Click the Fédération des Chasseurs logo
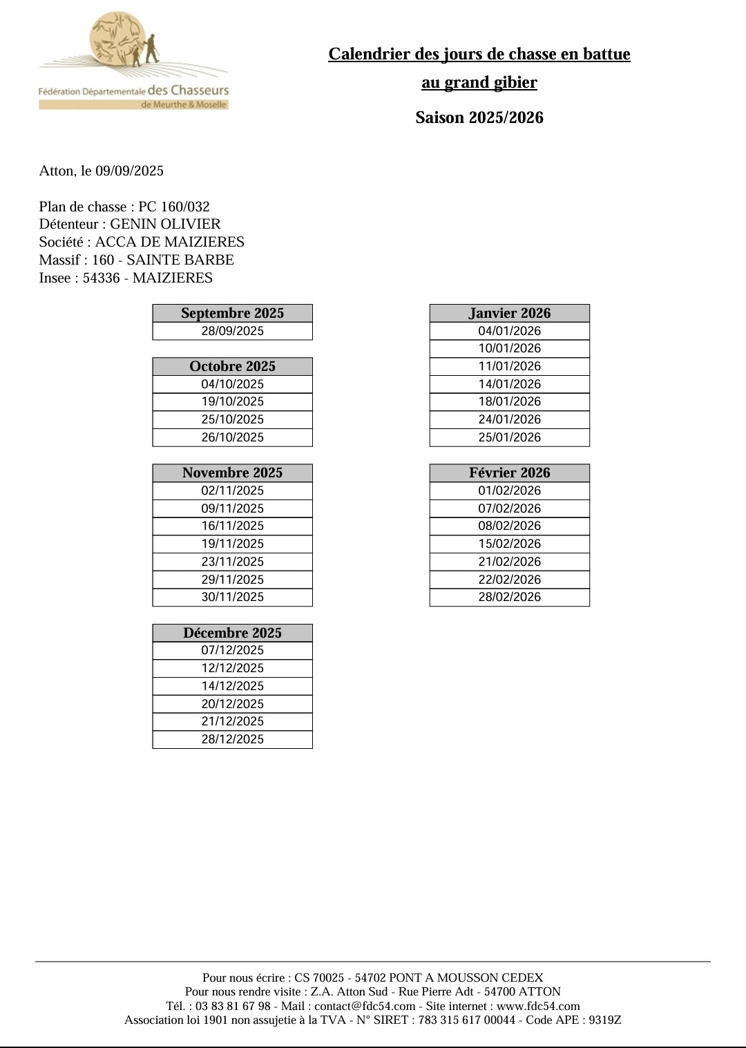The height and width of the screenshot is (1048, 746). [x=133, y=61]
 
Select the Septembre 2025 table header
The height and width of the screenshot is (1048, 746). [x=232, y=313]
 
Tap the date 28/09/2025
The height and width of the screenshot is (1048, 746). [x=232, y=331]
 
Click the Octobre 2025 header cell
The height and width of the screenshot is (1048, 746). [x=232, y=366]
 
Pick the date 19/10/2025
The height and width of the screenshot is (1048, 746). [x=232, y=401]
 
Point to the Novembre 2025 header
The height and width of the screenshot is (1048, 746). [x=232, y=473]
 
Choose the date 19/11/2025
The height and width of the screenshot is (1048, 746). [x=232, y=544]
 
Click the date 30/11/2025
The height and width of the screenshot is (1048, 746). [x=232, y=597]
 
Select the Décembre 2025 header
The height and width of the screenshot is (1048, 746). [x=232, y=633]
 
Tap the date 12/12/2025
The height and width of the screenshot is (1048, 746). [x=232, y=668]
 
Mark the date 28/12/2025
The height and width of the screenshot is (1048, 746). [x=232, y=739]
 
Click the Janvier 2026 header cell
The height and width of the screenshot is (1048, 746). [x=510, y=313]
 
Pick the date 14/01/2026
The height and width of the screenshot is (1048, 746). [x=510, y=384]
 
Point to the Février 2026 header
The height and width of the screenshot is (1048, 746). [x=510, y=473]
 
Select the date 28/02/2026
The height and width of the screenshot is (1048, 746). [x=510, y=597]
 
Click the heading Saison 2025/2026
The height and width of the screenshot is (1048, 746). [x=479, y=117]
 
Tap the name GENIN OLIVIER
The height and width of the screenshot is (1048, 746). [x=165, y=224]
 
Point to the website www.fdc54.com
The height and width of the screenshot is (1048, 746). [x=538, y=1006]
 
